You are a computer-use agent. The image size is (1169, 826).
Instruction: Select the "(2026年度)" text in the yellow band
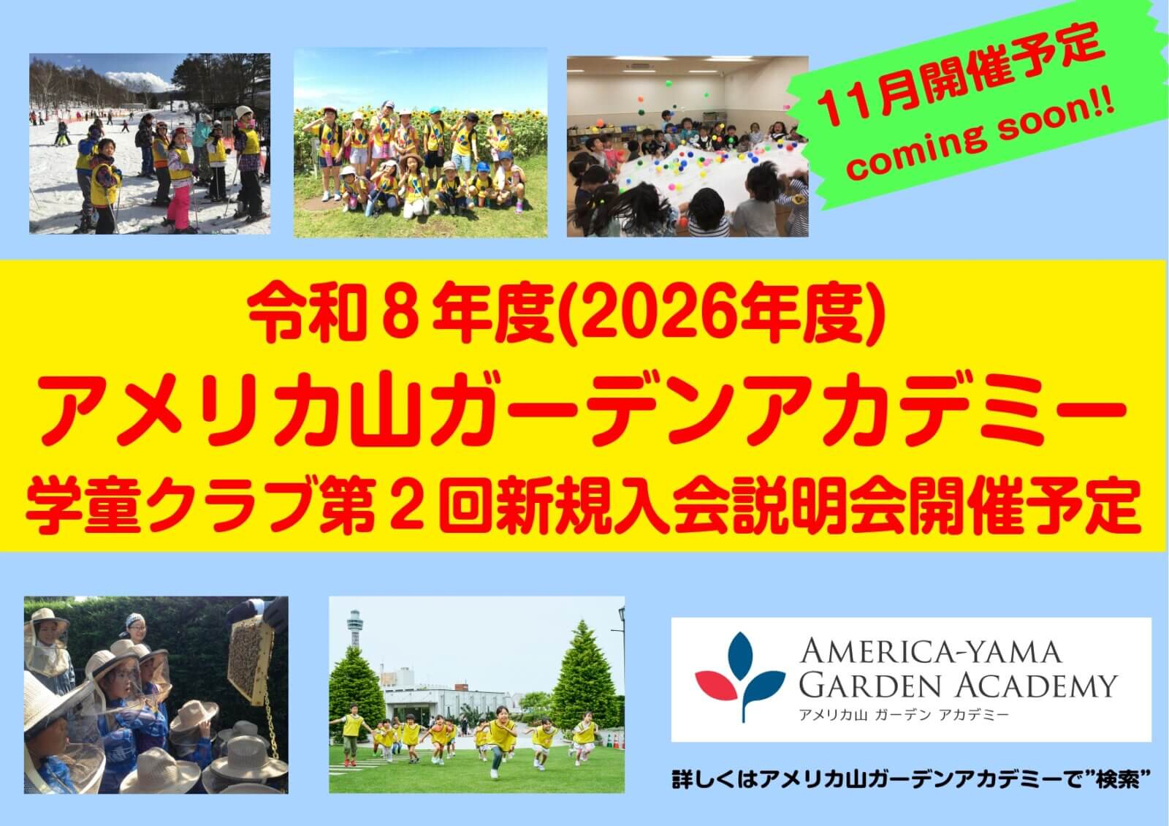coord(721,317)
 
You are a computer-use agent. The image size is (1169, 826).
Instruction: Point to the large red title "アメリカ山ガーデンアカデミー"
coord(584,412)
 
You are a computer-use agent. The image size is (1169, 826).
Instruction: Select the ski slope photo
coord(150,143)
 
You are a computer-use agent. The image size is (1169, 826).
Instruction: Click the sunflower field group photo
coord(421,143)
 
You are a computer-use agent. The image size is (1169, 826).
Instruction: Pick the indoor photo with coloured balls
coord(688,146)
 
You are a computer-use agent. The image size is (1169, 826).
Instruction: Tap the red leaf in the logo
coord(716,685)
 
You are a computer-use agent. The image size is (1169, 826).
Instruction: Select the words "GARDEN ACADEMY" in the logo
coord(958,686)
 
